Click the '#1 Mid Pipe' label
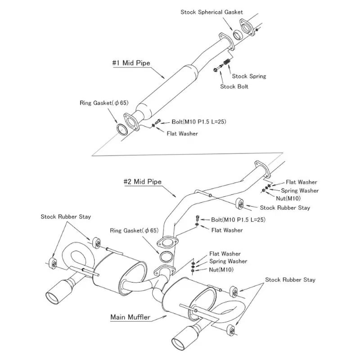pyautogui.click(x=131, y=63)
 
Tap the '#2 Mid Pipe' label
pyautogui.click(x=143, y=182)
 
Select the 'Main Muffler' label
pyautogui.click(x=130, y=317)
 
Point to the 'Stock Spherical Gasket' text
pyautogui.click(x=211, y=12)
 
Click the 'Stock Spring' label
pyautogui.click(x=249, y=76)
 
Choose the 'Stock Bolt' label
pyautogui.click(x=234, y=86)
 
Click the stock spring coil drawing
pyautogui.click(x=227, y=62)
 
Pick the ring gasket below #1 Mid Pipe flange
pyautogui.click(x=122, y=130)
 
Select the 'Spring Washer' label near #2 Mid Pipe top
pyautogui.click(x=300, y=190)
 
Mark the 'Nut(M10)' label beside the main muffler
pyautogui.click(x=221, y=270)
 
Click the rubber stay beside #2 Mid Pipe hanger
pyautogui.click(x=240, y=204)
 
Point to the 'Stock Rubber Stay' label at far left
pyautogui.click(x=66, y=217)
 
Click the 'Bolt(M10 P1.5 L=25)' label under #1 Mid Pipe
pyautogui.click(x=199, y=121)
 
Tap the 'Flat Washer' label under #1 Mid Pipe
pyautogui.click(x=182, y=133)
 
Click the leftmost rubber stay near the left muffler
pyautogui.click(x=53, y=264)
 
